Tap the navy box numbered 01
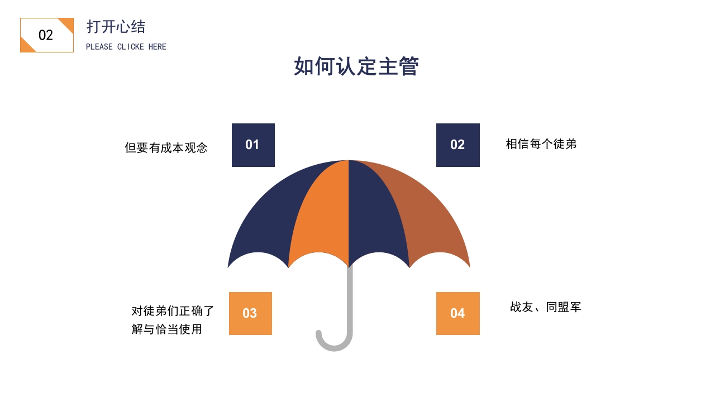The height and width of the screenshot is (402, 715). click(x=253, y=145)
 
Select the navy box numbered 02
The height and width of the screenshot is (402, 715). click(x=457, y=145)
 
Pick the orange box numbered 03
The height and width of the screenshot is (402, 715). click(x=250, y=313)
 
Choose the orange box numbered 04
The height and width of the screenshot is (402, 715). click(x=457, y=313)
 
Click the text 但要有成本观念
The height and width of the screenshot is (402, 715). click(x=166, y=148)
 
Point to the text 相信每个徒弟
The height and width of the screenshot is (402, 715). click(x=541, y=144)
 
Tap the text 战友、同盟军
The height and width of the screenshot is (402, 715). click(x=545, y=307)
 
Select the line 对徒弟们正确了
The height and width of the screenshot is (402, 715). click(x=173, y=311)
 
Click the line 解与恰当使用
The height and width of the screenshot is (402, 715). click(x=166, y=329)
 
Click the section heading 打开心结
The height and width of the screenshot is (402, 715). click(x=116, y=27)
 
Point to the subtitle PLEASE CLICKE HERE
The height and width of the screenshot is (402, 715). click(x=126, y=47)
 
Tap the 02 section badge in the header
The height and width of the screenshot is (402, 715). click(x=46, y=35)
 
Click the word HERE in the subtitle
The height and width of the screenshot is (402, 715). click(x=158, y=47)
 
